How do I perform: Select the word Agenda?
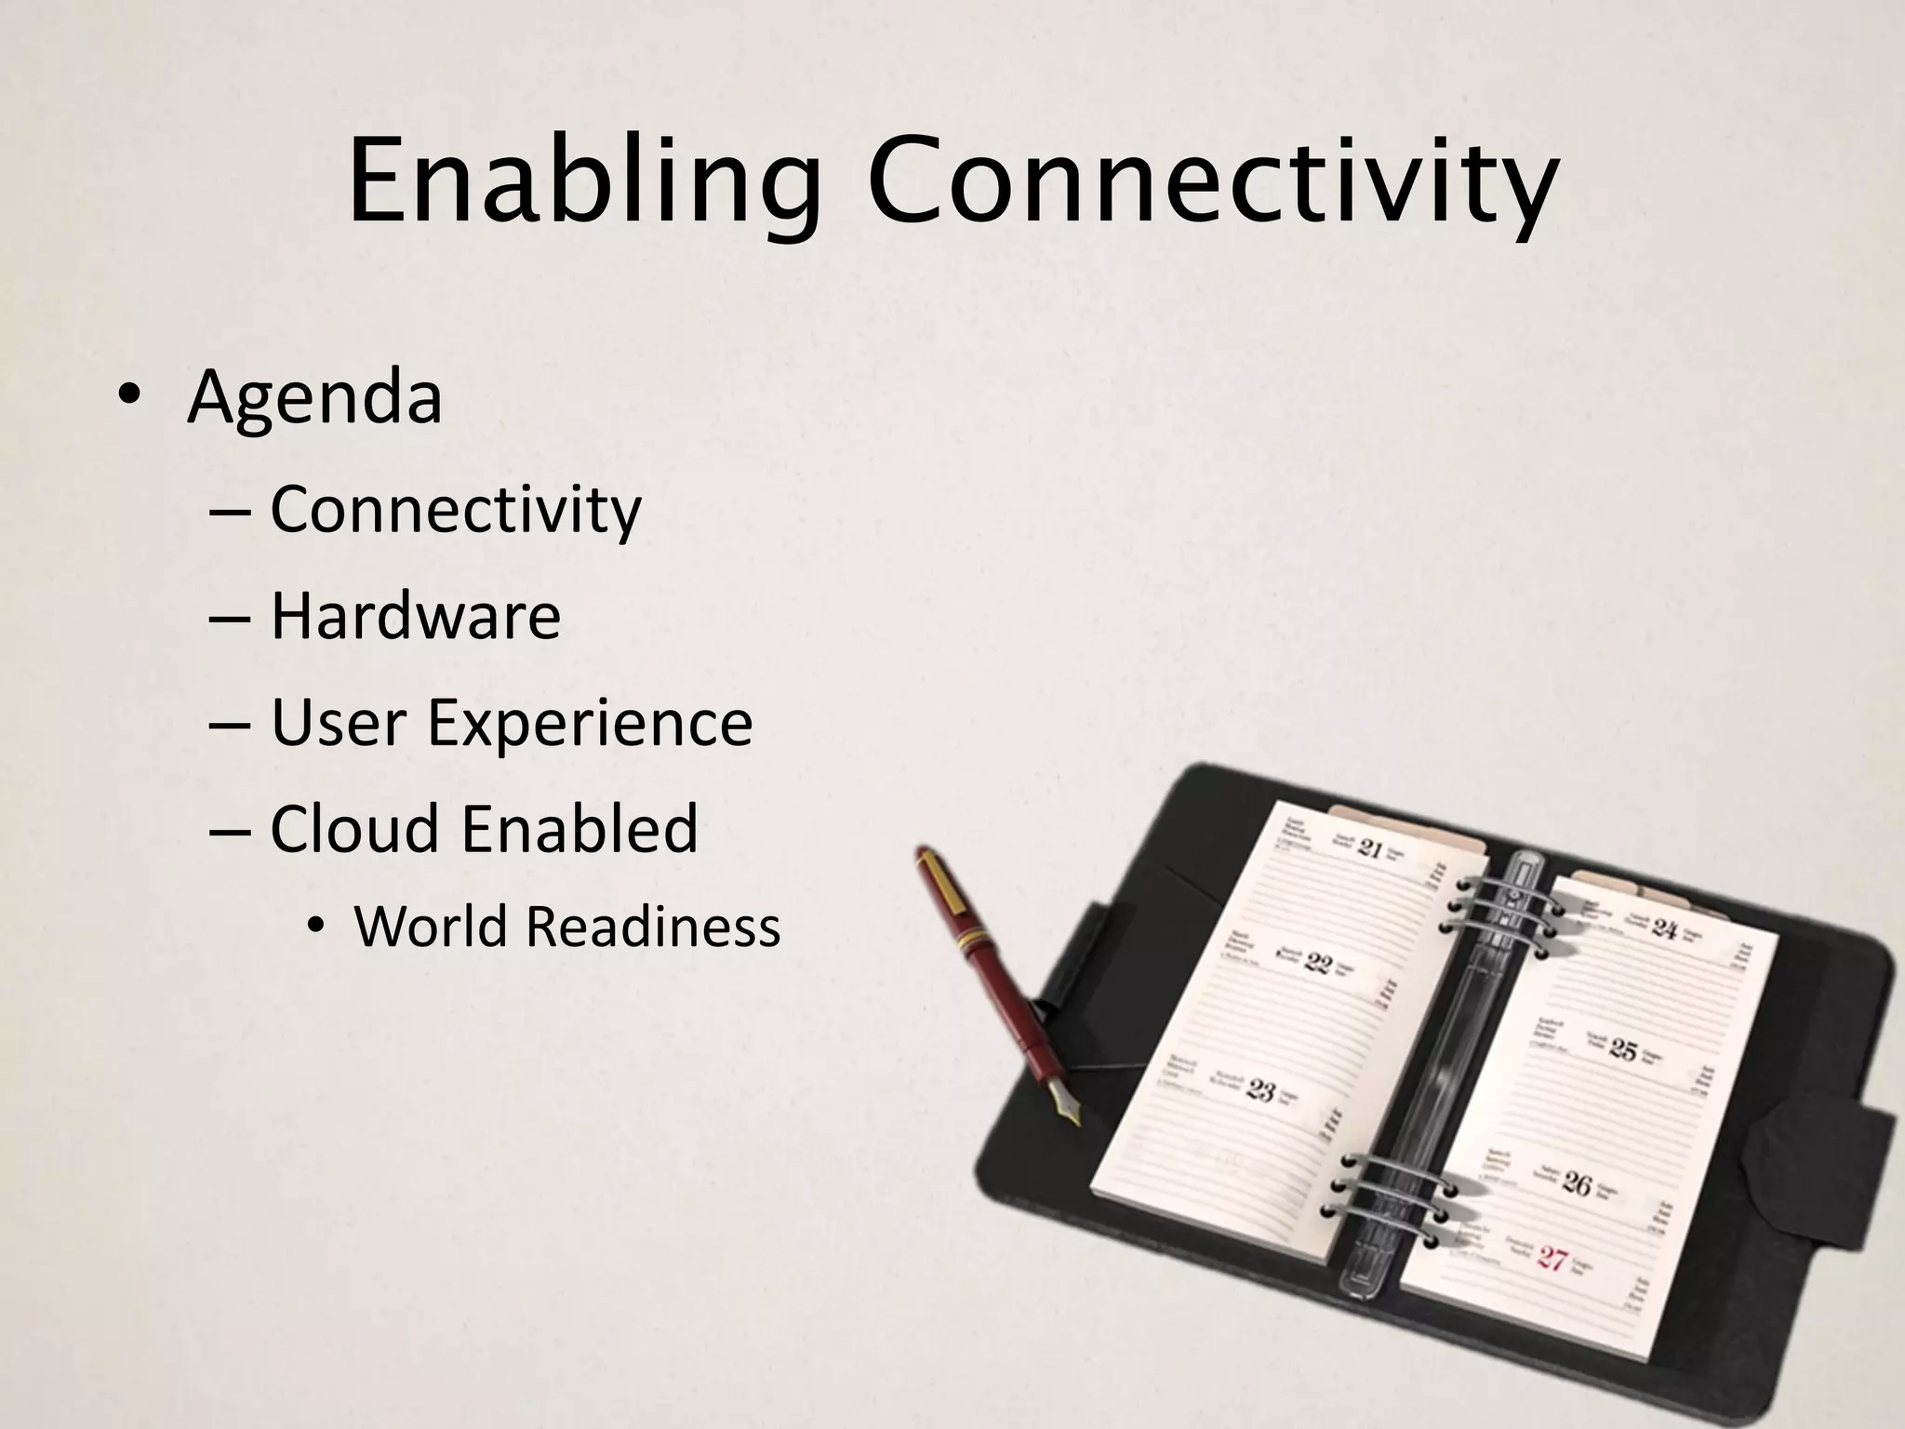(314, 397)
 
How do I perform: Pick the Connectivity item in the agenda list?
(456, 511)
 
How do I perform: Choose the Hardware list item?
(416, 616)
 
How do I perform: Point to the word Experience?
(590, 723)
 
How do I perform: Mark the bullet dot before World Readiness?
(317, 927)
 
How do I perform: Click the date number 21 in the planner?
(1370, 848)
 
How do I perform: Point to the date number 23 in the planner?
(1260, 1089)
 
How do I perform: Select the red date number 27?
(1552, 1260)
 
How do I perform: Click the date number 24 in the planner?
(1664, 928)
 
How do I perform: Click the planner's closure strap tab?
(1820, 1157)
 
